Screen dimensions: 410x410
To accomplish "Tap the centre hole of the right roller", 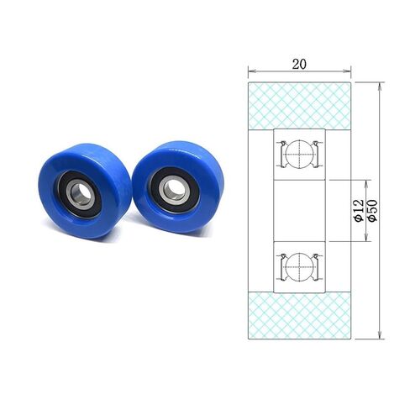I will tap(172, 189).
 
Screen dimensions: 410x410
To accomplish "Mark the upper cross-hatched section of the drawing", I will tap(298, 106).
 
